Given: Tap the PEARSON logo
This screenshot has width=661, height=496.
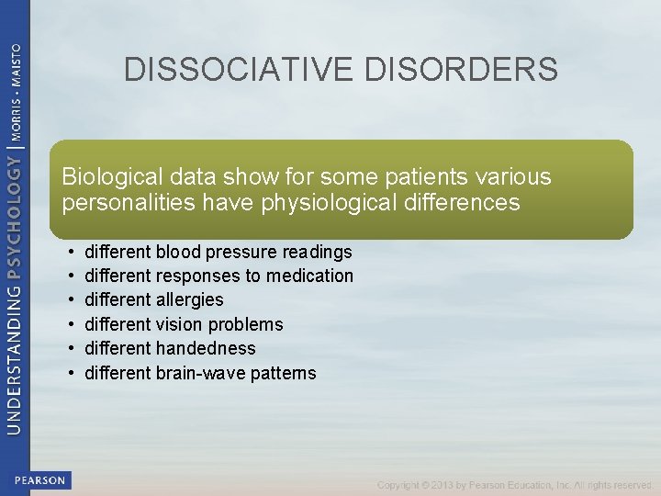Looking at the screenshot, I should (x=39, y=480).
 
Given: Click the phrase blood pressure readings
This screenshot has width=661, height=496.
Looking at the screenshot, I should (x=254, y=252).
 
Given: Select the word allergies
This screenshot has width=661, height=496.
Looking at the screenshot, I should (x=190, y=299).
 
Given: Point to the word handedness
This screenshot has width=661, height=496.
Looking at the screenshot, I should (x=206, y=348).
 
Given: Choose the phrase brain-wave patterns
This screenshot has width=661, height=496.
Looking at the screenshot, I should (x=236, y=373).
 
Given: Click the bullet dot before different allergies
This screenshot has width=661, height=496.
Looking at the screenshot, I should (x=71, y=300).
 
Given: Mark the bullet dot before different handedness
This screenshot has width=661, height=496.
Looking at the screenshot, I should (x=71, y=349).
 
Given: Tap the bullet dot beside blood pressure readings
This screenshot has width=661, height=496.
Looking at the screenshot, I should (x=71, y=252).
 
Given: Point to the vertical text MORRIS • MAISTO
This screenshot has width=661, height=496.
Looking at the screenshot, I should (x=16, y=88).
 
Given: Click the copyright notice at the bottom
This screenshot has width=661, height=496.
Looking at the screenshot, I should (x=514, y=485).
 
